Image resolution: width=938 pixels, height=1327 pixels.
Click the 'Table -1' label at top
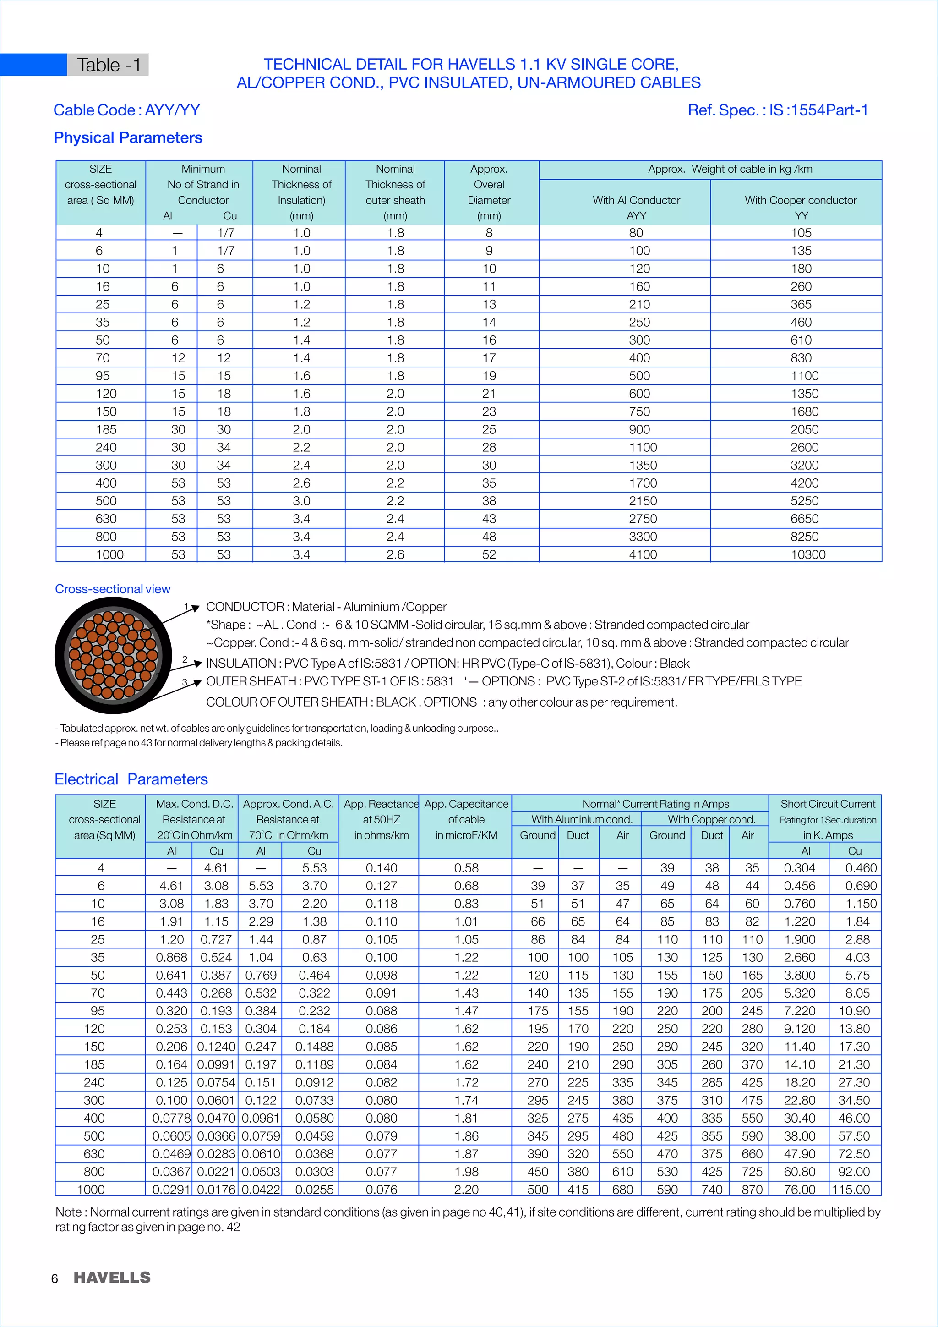109,65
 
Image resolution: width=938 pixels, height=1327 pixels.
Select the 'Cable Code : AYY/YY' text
126,110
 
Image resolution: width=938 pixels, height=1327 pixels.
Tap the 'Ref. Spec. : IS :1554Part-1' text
777,110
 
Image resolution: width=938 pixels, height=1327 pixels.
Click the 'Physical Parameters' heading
128,137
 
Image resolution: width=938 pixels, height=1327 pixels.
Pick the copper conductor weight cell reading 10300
808,554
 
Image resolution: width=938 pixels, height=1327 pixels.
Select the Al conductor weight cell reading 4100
642,554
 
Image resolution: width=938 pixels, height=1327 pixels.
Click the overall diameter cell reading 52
489,554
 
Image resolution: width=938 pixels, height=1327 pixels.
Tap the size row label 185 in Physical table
106,429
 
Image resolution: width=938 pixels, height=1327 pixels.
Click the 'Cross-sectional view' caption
113,589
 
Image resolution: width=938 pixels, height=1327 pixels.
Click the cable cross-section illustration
113,655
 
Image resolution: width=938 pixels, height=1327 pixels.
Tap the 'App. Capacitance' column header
466,804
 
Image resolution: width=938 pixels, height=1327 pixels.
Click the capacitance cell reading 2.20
466,1190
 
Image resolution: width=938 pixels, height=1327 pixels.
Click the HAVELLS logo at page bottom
112,1278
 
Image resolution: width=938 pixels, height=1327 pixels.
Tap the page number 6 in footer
55,1278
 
